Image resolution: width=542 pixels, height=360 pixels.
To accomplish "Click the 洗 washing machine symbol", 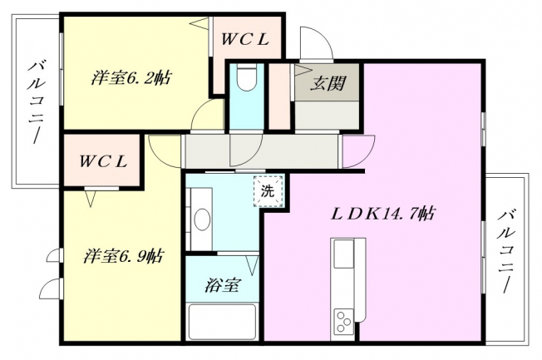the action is pyautogui.click(x=269, y=191).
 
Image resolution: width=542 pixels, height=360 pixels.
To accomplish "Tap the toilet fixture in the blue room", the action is pyautogui.click(x=246, y=77).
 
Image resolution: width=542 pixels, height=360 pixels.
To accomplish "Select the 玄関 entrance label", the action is pyautogui.click(x=328, y=83).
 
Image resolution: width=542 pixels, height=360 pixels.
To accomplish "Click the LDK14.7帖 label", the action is pyautogui.click(x=382, y=215).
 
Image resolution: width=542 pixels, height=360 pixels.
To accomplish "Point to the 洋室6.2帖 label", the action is pyautogui.click(x=131, y=78).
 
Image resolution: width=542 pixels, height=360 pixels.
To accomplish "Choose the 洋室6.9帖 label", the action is pyautogui.click(x=124, y=256).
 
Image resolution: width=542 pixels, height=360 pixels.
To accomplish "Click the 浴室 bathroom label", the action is pyautogui.click(x=222, y=286).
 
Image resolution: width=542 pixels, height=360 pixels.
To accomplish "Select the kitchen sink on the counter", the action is pyautogui.click(x=343, y=254).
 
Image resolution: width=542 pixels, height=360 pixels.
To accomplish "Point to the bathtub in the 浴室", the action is pyautogui.click(x=222, y=321).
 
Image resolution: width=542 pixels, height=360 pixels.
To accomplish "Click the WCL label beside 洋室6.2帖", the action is pyautogui.click(x=245, y=40).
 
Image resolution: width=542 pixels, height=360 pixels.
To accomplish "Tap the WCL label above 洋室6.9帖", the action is pyautogui.click(x=103, y=161).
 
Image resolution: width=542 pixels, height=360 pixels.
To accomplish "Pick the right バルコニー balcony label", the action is pyautogui.click(x=506, y=252).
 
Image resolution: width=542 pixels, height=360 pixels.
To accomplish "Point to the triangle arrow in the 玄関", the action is pyautogui.click(x=303, y=70).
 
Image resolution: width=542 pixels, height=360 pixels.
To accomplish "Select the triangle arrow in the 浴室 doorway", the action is pyautogui.click(x=253, y=265).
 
